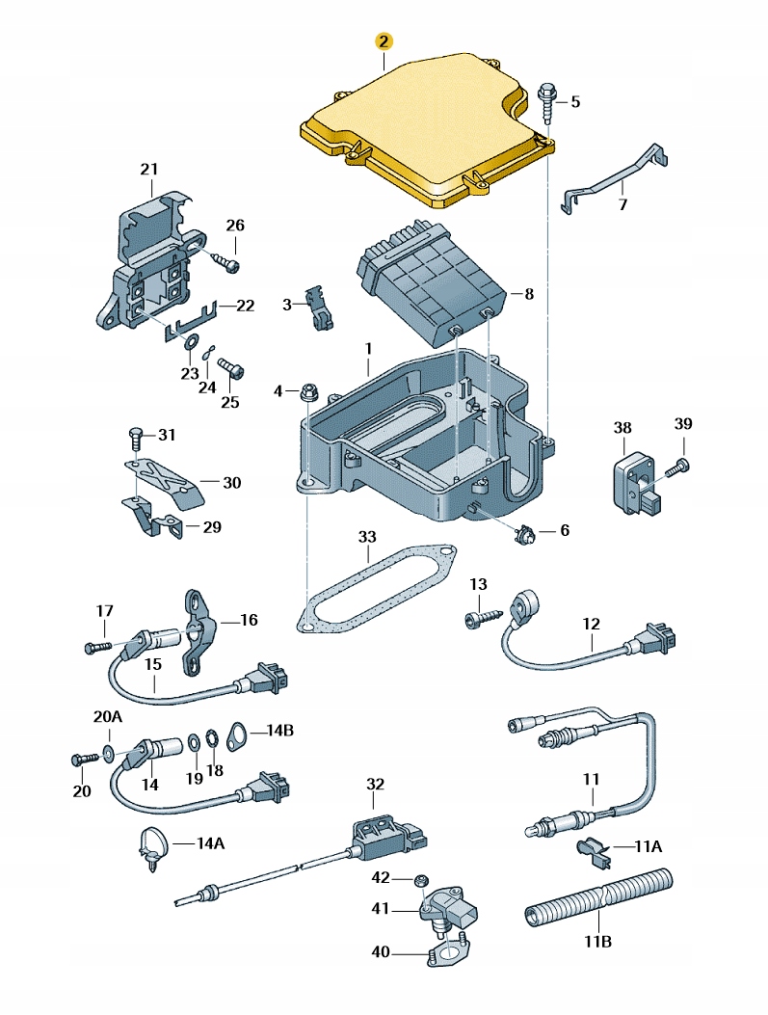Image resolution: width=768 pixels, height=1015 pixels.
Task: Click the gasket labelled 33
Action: pyautogui.click(x=376, y=588)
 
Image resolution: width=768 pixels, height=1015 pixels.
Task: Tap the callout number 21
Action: pyautogui.click(x=147, y=170)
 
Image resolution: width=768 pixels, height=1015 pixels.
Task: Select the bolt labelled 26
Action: pyautogui.click(x=228, y=261)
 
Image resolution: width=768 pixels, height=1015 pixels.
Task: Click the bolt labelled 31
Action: pyautogui.click(x=136, y=440)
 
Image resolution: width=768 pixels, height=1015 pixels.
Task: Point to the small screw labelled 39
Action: pyautogui.click(x=682, y=467)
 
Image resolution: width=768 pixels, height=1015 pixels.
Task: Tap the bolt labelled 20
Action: pyautogui.click(x=81, y=760)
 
